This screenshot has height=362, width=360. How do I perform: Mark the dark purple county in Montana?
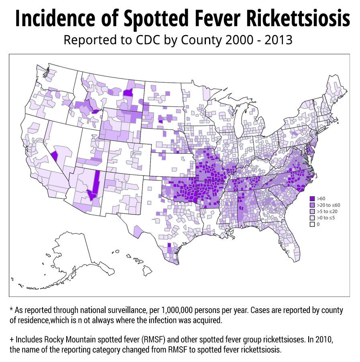128,93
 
